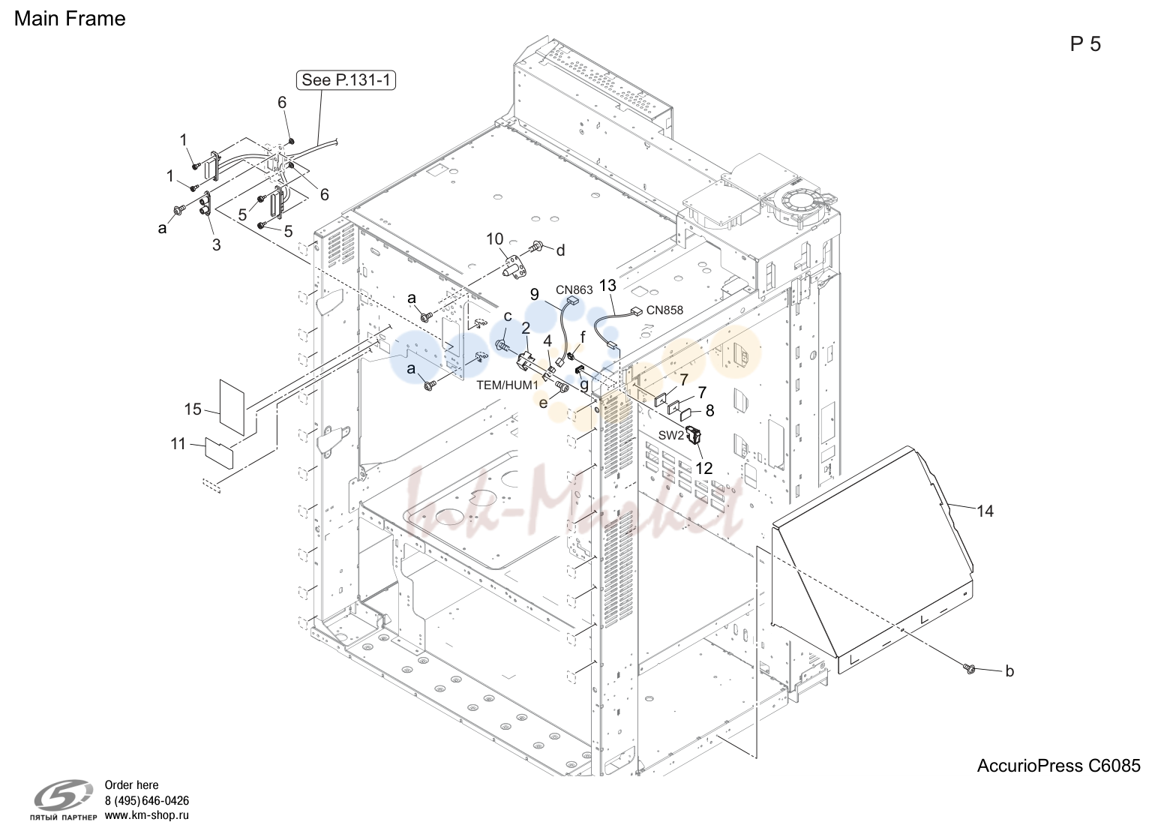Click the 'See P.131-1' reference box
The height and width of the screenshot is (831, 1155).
[346, 80]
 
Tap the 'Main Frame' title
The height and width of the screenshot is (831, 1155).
[70, 19]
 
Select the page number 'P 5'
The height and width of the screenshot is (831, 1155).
[1084, 44]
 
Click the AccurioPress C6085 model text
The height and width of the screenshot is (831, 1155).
[1058, 766]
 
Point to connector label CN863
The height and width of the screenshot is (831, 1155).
[574, 290]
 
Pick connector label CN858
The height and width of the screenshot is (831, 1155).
[664, 310]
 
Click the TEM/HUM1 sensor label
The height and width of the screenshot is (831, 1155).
[507, 385]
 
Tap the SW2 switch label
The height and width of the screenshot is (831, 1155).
[670, 435]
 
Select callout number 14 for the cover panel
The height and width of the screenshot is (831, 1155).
[985, 511]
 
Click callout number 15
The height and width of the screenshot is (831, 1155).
[193, 409]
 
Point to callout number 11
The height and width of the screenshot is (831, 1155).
[178, 443]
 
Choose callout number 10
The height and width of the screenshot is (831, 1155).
[494, 239]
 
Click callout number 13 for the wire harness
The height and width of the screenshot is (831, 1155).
[608, 286]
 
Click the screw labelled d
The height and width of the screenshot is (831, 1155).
[536, 247]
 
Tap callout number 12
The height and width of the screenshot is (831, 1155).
[703, 468]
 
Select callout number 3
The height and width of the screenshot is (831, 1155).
[217, 244]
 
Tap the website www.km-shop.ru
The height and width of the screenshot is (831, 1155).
[147, 815]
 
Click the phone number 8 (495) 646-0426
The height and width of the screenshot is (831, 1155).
[147, 800]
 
